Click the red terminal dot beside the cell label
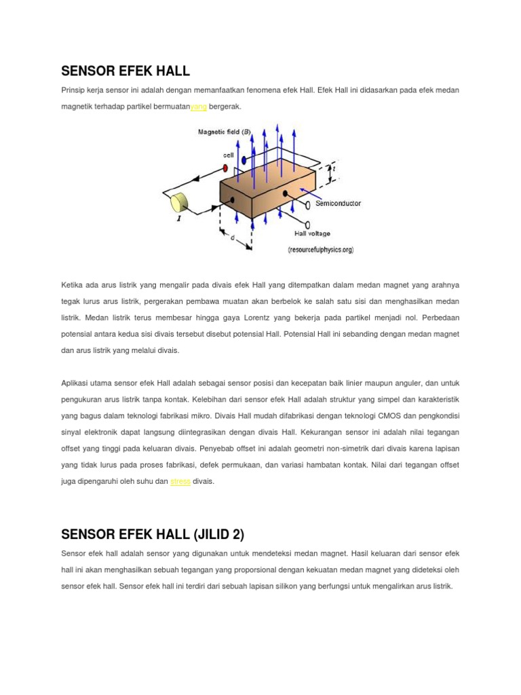225,167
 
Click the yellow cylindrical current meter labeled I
180,202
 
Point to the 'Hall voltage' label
313,233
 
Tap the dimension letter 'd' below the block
232,238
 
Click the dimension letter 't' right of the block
334,169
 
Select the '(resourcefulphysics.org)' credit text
321,250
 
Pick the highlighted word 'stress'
180,481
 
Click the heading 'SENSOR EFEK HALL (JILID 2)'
153,534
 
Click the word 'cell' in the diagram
229,155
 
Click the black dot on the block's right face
285,194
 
